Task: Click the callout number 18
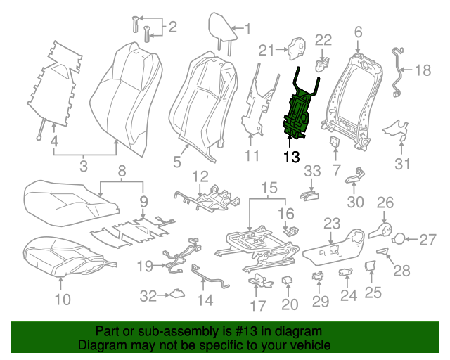click(423, 70)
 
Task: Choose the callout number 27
click(428, 240)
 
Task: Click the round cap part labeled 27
click(397, 240)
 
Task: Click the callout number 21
click(265, 49)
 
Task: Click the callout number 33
click(311, 170)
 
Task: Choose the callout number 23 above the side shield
click(332, 224)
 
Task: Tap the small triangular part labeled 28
click(382, 250)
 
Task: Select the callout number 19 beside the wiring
click(145, 266)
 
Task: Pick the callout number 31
click(401, 165)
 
